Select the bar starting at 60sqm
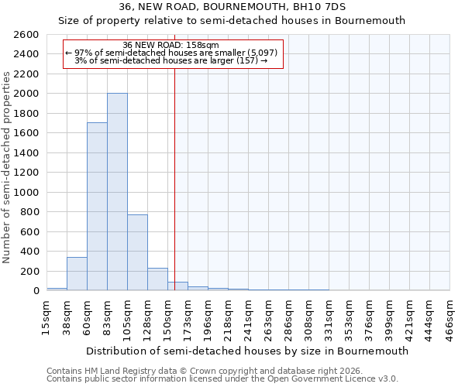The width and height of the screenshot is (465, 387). [97, 207]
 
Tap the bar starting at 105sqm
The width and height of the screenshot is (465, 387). [137, 252]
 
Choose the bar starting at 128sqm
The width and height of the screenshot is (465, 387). [157, 279]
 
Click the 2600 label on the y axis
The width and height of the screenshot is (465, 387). [26, 35]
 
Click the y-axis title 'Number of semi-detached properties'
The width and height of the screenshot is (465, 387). [8, 166]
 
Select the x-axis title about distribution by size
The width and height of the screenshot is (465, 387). [247, 351]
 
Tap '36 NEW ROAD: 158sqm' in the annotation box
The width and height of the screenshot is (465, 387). [171, 46]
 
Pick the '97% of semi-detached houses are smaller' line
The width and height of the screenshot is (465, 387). [171, 53]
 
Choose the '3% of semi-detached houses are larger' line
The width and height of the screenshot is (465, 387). [171, 60]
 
